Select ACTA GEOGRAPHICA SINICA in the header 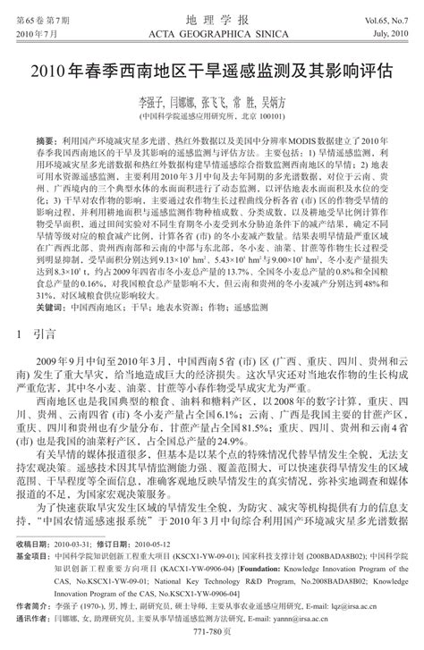pyautogui.click(x=212, y=32)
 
